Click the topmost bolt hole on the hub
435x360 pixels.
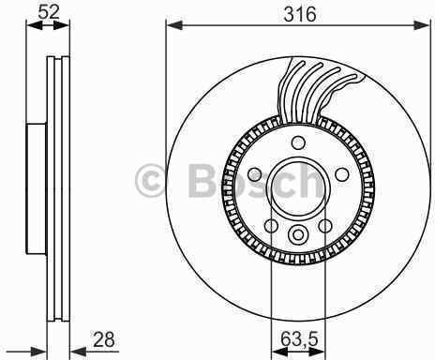click(x=299, y=143)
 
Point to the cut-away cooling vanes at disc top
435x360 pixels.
click(x=319, y=89)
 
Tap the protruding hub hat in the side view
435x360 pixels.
click(x=36, y=187)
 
